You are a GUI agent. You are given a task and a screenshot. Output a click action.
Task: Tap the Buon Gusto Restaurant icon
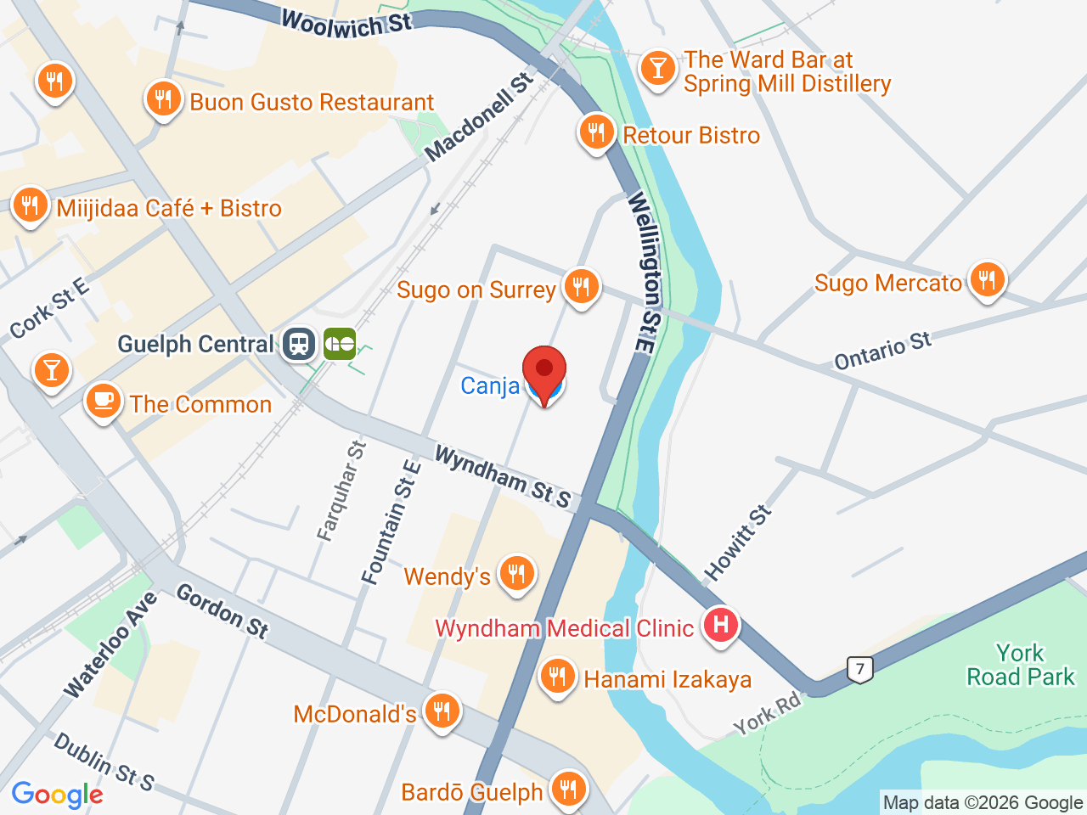point(162,100)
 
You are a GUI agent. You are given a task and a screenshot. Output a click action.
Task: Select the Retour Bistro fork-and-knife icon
point(596,133)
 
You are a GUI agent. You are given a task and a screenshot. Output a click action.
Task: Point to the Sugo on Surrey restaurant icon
point(581,287)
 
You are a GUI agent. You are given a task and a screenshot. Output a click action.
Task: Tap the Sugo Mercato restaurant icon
point(986,279)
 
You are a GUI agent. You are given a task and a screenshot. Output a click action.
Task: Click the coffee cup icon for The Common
point(104,402)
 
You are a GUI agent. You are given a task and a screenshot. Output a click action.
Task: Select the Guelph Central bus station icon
point(299,344)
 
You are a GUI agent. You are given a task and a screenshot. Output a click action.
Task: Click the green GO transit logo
point(340,344)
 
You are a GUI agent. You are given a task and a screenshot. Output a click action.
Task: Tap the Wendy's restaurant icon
point(515,574)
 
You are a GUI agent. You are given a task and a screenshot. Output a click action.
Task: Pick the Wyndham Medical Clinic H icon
point(720,626)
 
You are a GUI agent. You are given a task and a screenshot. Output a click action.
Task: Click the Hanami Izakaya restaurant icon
point(557,677)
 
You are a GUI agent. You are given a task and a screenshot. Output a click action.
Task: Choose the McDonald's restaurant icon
point(442,711)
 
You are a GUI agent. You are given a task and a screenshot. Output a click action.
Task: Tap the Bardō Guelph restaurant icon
point(567,790)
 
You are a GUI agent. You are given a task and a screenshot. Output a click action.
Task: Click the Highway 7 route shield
point(860,669)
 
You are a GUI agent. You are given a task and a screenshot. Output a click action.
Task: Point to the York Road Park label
point(1020,665)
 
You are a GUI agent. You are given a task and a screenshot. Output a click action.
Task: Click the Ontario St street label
point(882,351)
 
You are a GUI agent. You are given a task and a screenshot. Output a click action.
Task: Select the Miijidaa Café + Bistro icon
point(31,205)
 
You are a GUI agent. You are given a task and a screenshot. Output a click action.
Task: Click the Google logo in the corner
point(58,795)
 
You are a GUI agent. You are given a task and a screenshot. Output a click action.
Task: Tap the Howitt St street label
point(738,543)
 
